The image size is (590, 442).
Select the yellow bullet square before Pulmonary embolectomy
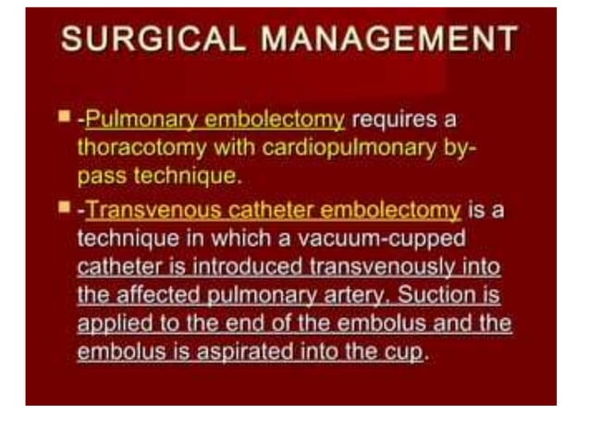click(64, 117)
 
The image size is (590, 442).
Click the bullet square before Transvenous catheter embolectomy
click(64, 209)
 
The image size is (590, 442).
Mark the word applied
click(110, 325)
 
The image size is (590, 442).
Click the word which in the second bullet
click(224, 239)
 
